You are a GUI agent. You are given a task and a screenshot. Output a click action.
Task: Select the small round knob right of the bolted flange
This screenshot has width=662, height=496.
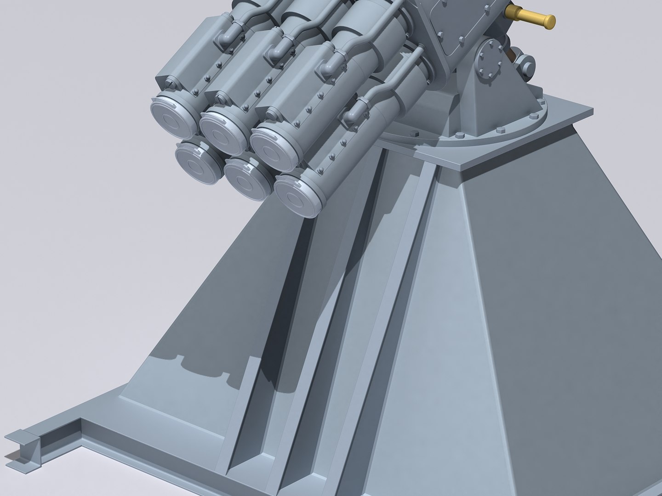click(525, 62)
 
